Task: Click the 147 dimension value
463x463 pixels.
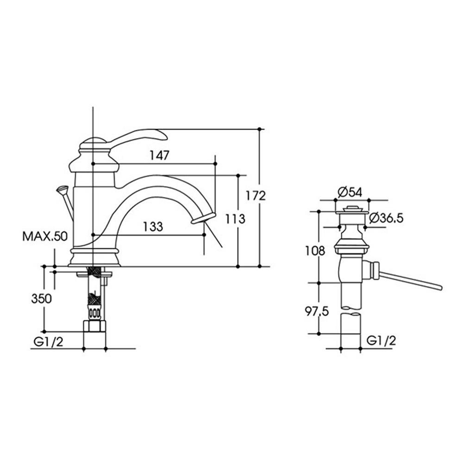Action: [x=159, y=155]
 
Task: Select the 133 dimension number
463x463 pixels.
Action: [x=153, y=227]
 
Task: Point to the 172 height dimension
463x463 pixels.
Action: [x=256, y=195]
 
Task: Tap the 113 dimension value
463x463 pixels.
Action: [x=235, y=219]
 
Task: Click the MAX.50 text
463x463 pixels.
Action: [x=45, y=236]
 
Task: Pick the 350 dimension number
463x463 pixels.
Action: [x=41, y=299]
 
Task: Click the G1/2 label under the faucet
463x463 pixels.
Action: [x=49, y=342]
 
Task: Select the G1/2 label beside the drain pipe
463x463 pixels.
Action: [x=381, y=341]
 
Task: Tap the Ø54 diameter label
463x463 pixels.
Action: [x=350, y=193]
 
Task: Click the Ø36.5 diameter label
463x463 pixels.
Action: [x=386, y=218]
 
